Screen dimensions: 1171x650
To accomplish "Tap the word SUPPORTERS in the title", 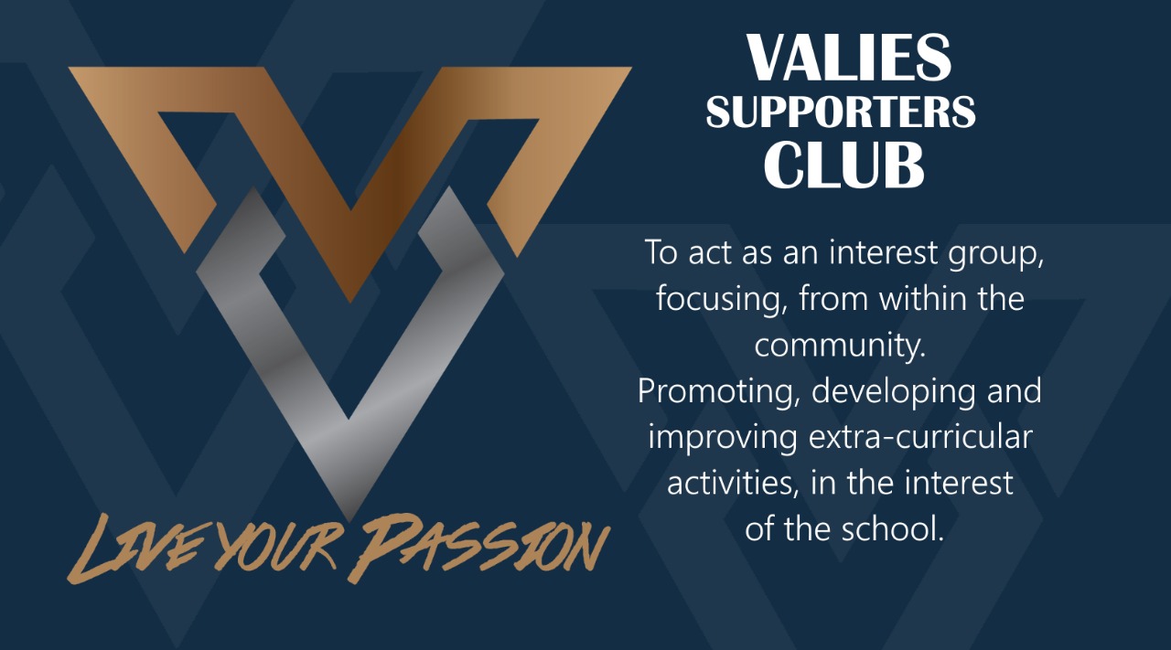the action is point(841,112).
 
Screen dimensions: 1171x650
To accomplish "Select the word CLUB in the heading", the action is point(843,165).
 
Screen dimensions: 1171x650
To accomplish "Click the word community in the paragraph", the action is point(840,346).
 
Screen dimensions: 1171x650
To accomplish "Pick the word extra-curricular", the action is point(920,437).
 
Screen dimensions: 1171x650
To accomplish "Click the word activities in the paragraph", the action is point(734,483).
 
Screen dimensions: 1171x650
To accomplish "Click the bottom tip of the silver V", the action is point(349,520).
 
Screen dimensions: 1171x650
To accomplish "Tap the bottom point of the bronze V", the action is point(350,302).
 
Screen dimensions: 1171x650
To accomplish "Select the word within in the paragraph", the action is point(917,299).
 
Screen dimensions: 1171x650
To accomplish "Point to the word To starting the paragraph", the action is point(661,252).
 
